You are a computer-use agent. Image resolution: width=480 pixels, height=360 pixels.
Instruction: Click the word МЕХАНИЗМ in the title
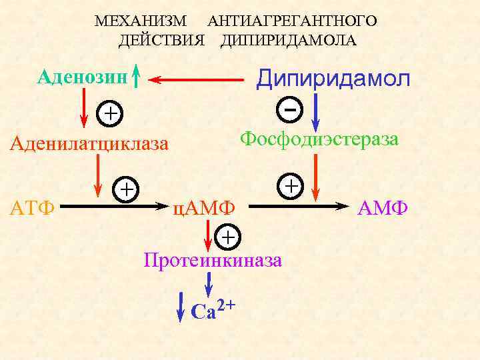click(140, 21)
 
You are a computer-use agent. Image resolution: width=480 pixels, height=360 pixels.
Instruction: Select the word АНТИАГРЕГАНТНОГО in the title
click(292, 21)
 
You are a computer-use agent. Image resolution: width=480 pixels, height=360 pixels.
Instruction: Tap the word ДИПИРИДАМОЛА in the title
click(289, 41)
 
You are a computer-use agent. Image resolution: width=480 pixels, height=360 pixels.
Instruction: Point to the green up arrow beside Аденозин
click(135, 76)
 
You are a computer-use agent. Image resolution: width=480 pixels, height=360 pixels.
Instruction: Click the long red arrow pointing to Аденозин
click(197, 80)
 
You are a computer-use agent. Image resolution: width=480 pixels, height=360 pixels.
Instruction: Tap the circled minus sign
click(289, 107)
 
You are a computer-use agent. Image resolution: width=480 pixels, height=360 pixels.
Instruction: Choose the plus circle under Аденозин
click(111, 113)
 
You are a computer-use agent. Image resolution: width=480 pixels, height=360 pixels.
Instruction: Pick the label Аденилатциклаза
click(89, 144)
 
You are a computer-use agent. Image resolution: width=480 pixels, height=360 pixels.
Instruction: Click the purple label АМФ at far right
click(382, 208)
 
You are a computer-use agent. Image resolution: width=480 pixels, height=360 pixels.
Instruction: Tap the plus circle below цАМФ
click(228, 237)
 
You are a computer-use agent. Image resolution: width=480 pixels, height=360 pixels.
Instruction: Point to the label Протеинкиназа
click(213, 260)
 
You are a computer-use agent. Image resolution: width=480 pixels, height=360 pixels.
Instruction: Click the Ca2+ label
click(213, 309)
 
